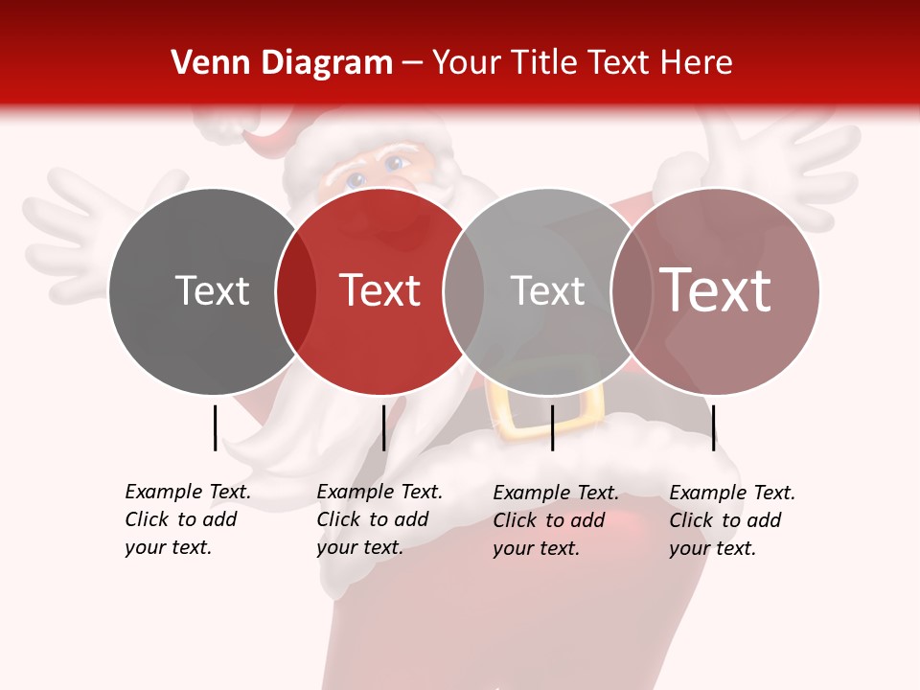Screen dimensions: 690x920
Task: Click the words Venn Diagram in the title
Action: coord(282,63)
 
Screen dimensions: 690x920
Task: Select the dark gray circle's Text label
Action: coord(212,290)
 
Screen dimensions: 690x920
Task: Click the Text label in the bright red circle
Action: coord(380,290)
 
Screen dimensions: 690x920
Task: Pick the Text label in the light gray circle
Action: coord(547,290)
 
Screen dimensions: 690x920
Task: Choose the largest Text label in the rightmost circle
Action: coord(716,290)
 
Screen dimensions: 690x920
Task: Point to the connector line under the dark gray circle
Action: coord(216,427)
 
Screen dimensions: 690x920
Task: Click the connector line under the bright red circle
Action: coord(383,427)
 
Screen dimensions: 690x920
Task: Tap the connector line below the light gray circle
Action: coord(552,427)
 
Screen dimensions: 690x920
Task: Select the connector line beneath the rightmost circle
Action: coord(714,427)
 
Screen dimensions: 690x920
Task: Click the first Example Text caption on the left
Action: coord(187,519)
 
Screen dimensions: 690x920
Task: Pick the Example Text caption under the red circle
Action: coord(379,519)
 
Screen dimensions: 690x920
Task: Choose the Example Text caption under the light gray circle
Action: coord(555,520)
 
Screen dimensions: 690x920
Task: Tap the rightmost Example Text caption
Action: coord(731,520)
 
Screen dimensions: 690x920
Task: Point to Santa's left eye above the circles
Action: coord(355,178)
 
